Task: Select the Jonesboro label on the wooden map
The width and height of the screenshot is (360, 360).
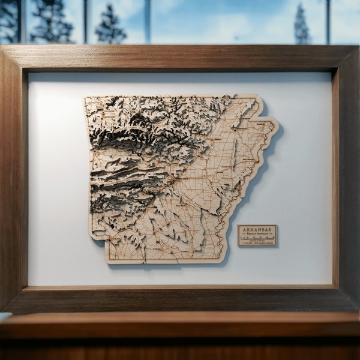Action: tap(241, 127)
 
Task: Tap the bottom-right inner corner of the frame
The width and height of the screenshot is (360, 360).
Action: tap(332, 285)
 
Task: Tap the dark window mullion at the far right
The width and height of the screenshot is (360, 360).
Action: tap(329, 22)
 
